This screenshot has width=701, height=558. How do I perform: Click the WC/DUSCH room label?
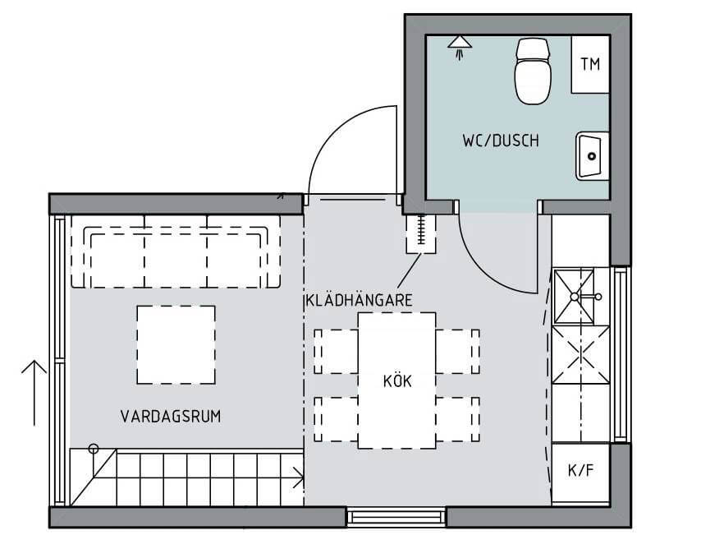click(x=500, y=141)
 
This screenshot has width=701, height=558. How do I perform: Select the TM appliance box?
click(x=590, y=65)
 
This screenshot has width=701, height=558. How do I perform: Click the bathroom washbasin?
click(x=591, y=155)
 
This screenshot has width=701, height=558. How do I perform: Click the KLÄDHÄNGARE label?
click(x=358, y=301)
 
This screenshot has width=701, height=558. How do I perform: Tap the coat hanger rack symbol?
click(x=422, y=233)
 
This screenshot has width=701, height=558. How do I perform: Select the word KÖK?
click(x=396, y=381)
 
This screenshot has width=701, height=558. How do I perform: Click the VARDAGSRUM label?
click(x=171, y=417)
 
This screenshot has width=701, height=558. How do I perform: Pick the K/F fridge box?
click(x=580, y=472)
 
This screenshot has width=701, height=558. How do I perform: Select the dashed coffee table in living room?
click(x=176, y=345)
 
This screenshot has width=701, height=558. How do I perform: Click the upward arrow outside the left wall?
click(x=33, y=390)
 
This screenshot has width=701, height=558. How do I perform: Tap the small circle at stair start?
click(x=94, y=449)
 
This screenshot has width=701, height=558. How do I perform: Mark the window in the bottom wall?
click(x=396, y=517)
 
